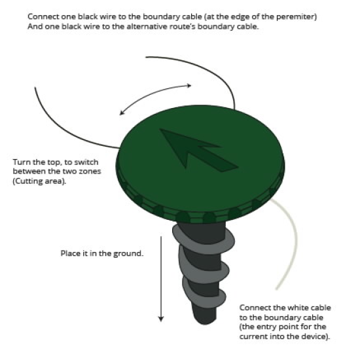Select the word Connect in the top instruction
coord(43,17)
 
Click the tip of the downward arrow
coord(161,321)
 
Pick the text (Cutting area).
coord(39,181)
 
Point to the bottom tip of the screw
coord(205,324)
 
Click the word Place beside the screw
coord(69,253)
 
